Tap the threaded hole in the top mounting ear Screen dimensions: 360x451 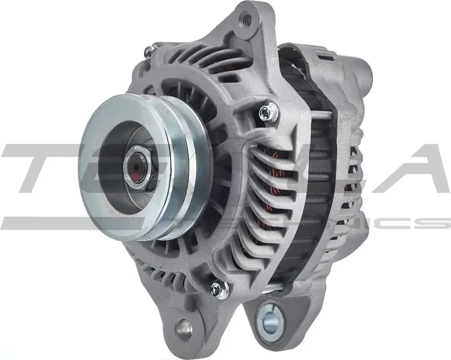(x=247, y=19)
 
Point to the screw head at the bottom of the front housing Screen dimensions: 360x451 (x=219, y=289)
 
